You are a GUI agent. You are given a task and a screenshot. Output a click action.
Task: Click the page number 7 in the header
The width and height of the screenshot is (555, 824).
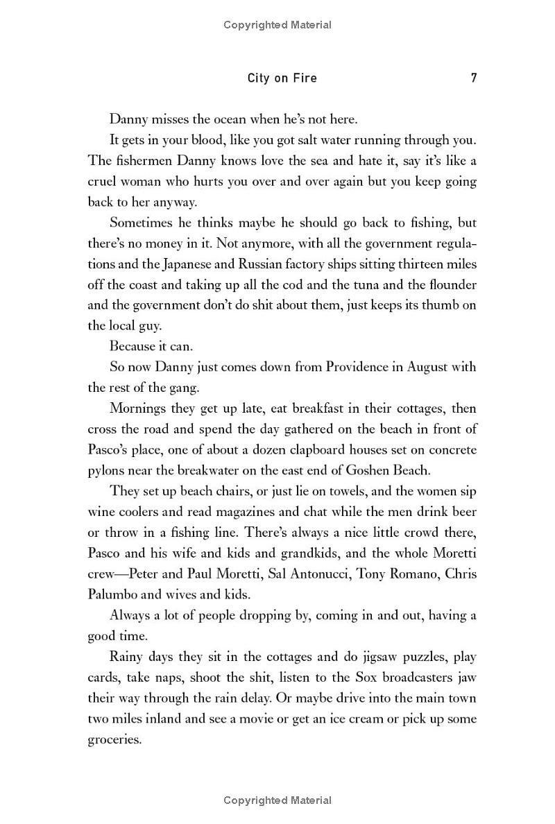click(x=474, y=78)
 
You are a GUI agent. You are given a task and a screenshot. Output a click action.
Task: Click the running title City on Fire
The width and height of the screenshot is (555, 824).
click(x=282, y=78)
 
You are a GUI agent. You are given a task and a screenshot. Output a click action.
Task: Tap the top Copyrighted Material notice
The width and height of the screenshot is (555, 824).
click(x=277, y=25)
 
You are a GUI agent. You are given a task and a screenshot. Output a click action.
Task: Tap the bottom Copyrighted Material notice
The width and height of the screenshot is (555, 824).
click(x=277, y=800)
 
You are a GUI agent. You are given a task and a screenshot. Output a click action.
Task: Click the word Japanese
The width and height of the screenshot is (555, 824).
click(x=196, y=264)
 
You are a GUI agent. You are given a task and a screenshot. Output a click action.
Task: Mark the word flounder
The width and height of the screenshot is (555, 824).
click(x=450, y=284)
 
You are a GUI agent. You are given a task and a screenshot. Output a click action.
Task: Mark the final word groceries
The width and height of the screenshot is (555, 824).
click(x=114, y=739)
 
